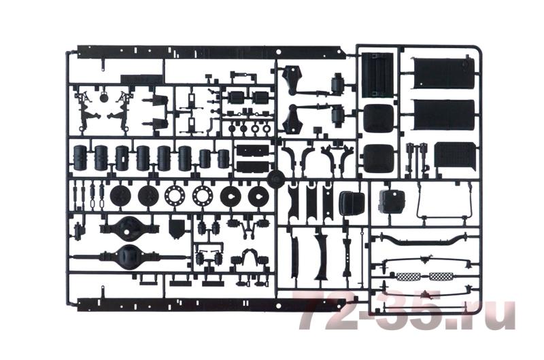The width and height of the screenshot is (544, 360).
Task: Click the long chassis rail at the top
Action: [211, 52]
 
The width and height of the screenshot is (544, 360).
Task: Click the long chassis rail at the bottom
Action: [211, 304]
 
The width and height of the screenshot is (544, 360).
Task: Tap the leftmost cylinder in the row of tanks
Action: [80, 158]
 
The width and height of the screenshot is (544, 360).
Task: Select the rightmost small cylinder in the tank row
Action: [224, 159]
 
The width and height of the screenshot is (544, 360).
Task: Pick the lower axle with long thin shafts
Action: [129, 257]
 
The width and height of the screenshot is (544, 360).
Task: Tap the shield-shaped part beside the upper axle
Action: [177, 228]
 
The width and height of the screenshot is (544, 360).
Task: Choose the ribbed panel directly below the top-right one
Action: [444, 115]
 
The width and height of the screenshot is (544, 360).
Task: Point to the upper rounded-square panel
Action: [379, 118]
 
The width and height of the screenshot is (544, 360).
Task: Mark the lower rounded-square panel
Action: [379, 158]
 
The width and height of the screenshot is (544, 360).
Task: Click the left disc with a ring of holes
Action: [175, 196]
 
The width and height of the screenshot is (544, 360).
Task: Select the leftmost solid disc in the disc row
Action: [120, 196]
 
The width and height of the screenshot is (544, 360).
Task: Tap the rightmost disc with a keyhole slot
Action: [258, 196]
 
